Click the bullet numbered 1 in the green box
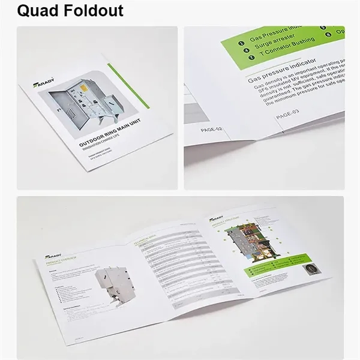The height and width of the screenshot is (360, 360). click(241, 43)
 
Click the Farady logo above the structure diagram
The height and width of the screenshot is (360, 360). click(215, 220)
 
